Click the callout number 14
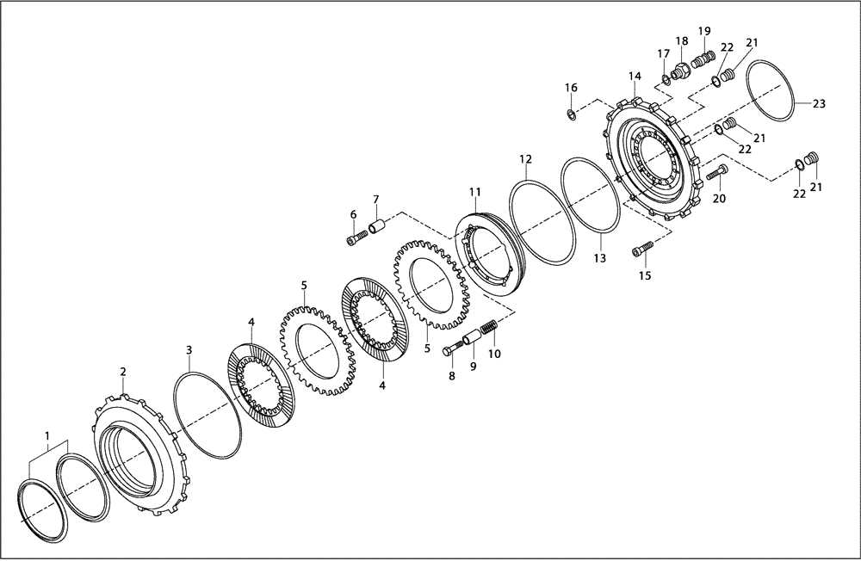(x=635, y=77)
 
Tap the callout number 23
(x=818, y=103)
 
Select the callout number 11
(x=474, y=191)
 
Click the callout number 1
(x=47, y=436)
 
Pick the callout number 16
(x=571, y=88)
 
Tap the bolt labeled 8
(x=455, y=350)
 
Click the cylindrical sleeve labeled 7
(x=375, y=228)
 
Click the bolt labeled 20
(x=716, y=176)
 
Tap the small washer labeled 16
(x=571, y=114)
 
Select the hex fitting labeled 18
(x=679, y=71)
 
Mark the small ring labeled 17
(x=666, y=81)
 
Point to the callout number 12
(x=525, y=159)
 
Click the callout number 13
(x=599, y=258)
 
